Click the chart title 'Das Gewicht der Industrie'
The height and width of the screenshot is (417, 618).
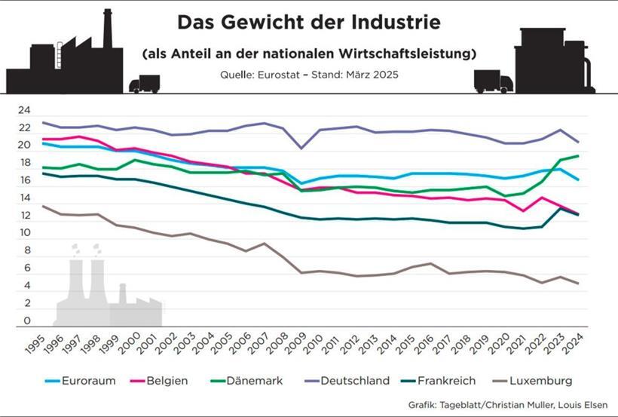pyautogui.click(x=308, y=23)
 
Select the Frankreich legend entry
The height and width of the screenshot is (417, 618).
pyautogui.click(x=445, y=381)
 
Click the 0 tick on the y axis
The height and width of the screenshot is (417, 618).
pyautogui.click(x=27, y=322)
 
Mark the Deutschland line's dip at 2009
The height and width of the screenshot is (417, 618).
pyautogui.click(x=302, y=148)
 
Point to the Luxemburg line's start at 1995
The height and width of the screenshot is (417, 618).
pyautogui.click(x=44, y=206)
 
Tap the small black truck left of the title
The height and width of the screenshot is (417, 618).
pyautogui.click(x=145, y=84)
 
